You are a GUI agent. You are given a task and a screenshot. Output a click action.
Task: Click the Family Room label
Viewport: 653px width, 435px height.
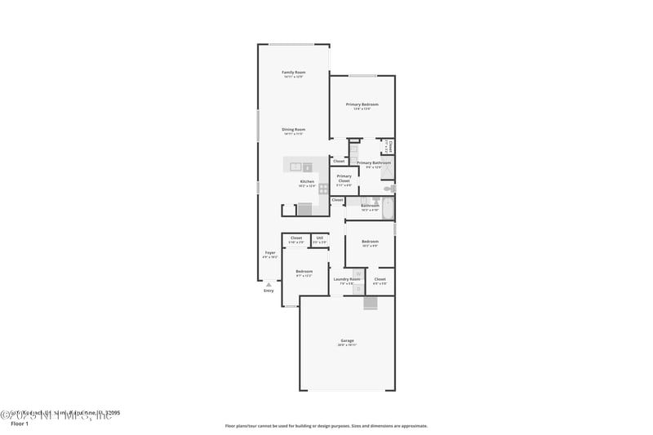(x=293, y=73)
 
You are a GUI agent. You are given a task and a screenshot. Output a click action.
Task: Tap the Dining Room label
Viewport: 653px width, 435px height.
(x=293, y=130)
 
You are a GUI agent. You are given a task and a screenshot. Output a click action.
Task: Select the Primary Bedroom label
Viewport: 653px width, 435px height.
(x=362, y=104)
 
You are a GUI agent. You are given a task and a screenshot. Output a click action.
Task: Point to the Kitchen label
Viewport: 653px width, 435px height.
(x=307, y=181)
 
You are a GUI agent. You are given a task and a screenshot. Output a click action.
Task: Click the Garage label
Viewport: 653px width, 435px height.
(x=347, y=340)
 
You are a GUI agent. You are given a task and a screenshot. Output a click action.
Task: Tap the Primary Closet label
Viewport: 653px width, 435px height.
(x=344, y=176)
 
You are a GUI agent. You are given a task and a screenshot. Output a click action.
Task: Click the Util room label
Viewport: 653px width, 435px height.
(x=319, y=238)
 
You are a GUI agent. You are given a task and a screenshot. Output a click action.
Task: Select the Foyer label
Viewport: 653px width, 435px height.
(x=269, y=253)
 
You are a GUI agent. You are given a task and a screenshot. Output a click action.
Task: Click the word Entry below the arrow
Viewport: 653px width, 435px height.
(x=269, y=291)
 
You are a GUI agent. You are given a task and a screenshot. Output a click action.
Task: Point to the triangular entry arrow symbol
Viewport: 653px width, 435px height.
(x=269, y=284)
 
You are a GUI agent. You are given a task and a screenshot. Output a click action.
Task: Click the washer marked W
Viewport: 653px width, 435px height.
(x=358, y=273)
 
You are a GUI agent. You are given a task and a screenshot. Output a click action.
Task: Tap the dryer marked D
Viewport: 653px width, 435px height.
(x=358, y=287)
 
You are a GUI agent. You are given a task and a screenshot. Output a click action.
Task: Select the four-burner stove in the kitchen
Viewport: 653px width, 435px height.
(x=323, y=189)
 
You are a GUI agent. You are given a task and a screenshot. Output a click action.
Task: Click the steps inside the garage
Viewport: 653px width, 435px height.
(x=371, y=304)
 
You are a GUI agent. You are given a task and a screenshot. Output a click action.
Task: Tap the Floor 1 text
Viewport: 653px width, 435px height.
(x=19, y=424)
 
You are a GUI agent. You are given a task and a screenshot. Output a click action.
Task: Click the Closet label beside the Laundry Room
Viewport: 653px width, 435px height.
(x=380, y=279)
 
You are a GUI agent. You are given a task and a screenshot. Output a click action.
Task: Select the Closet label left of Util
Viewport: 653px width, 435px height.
(x=295, y=238)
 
